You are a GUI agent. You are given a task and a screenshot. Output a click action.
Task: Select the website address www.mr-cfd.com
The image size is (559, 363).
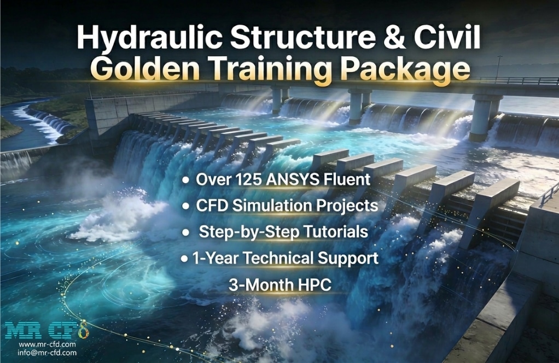pyautogui.click(x=47, y=345)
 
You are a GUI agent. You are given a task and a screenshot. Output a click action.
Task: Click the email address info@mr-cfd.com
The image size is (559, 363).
pyautogui.click(x=47, y=353)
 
